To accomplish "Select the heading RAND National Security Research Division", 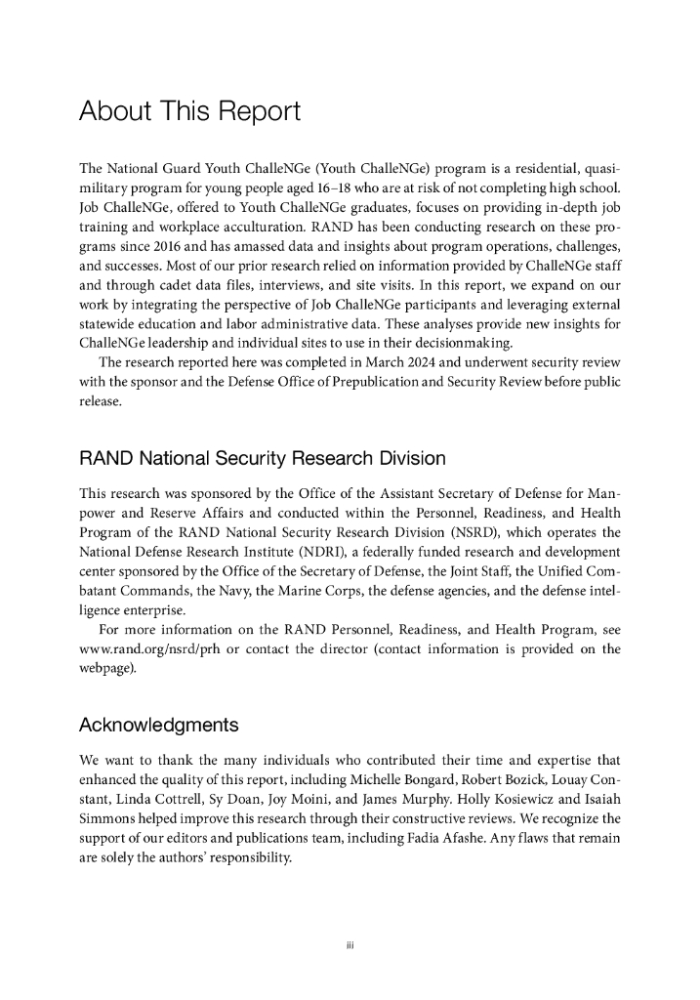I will click(x=262, y=458).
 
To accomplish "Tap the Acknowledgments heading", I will click(x=158, y=725).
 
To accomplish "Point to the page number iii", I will click(x=350, y=944).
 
